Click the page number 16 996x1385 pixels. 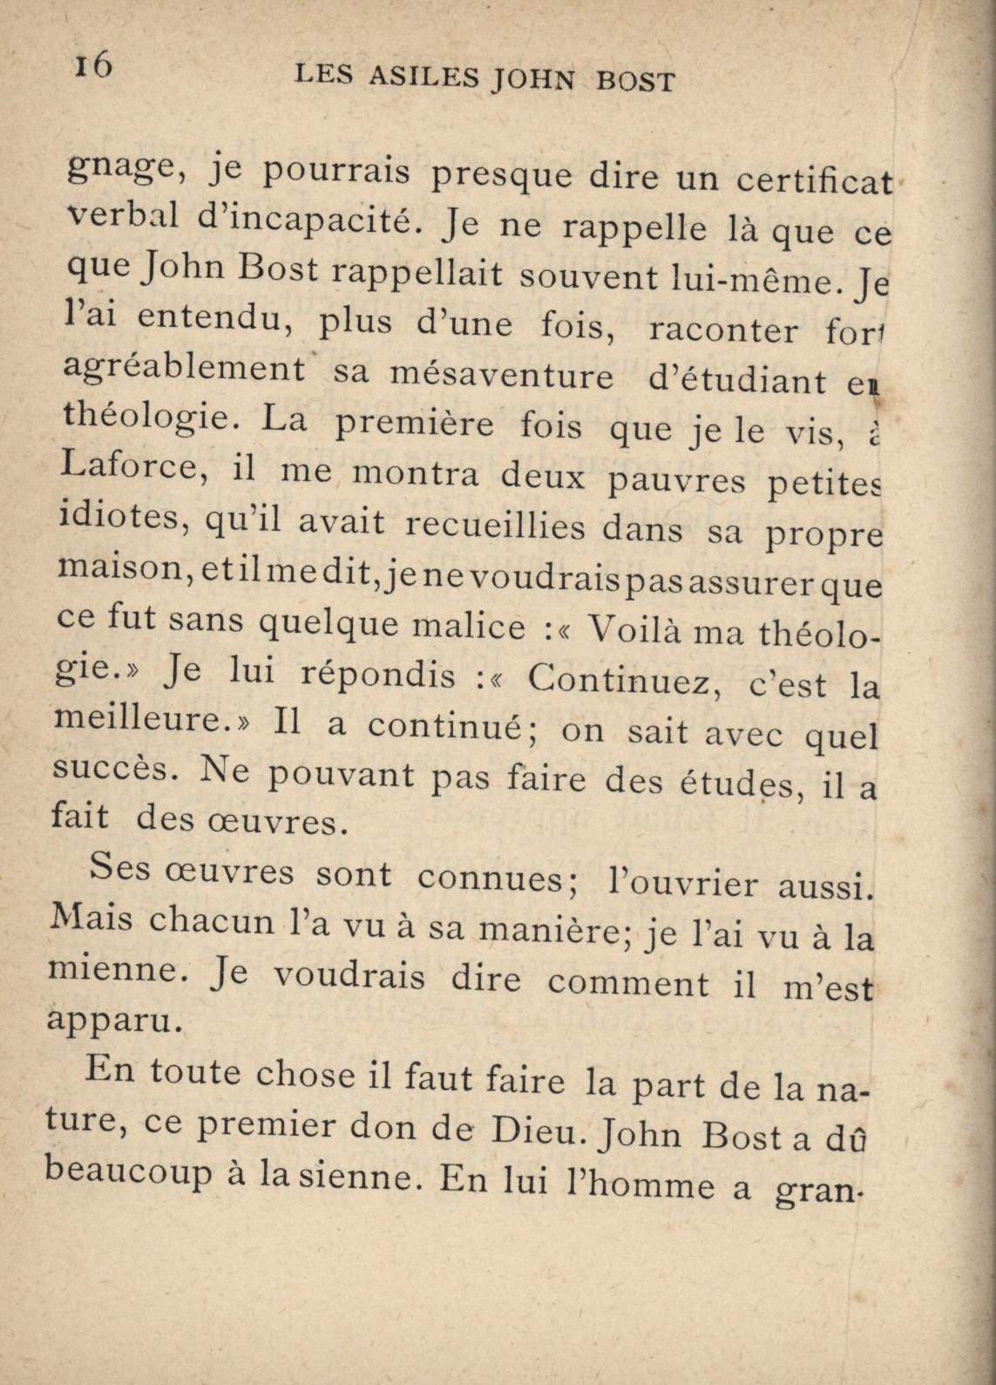[93, 65]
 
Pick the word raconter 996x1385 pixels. [723, 329]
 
